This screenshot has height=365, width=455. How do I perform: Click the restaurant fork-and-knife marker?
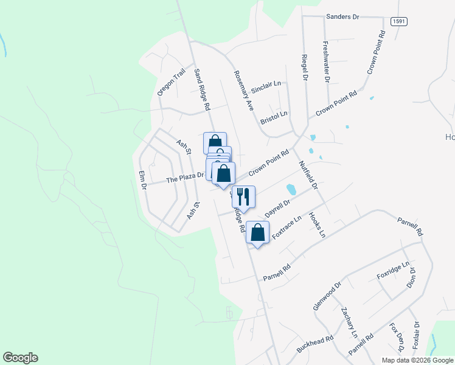coord(243,197)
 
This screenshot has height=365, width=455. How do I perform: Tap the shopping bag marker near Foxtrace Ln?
coord(258,233)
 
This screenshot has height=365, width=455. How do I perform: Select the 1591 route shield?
coord(399,21)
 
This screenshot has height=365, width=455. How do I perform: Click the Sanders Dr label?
coord(343,16)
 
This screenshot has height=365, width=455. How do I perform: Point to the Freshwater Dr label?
coord(326,61)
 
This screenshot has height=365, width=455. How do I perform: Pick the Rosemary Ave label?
coord(243,90)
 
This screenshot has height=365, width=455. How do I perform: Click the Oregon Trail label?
coord(171,82)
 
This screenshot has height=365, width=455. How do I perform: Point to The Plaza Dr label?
coord(185,178)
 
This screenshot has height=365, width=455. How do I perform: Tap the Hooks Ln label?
coord(317,225)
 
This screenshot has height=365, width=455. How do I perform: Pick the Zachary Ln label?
coord(349,323)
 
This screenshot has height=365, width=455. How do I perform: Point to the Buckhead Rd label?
coord(315,344)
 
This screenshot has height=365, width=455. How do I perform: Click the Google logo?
coord(21,358)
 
